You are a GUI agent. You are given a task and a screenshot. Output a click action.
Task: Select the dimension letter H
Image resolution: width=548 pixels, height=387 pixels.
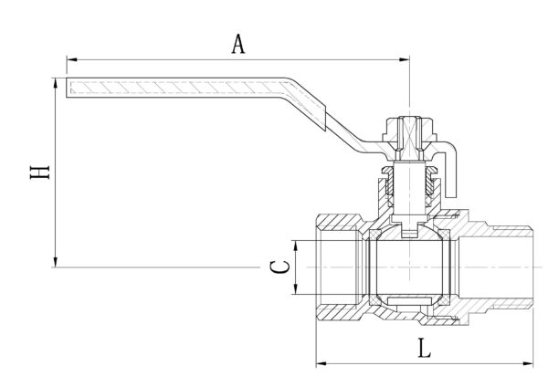(x=38, y=172)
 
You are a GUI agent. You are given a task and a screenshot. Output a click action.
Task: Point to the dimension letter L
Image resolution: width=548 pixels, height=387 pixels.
(x=423, y=347)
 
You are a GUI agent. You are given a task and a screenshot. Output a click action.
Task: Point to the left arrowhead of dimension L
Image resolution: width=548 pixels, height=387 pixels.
(x=321, y=363)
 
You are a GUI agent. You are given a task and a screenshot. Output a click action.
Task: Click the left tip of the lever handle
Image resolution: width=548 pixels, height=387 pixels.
(x=70, y=89)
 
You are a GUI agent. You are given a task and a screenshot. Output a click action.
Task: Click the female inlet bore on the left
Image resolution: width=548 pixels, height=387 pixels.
(x=338, y=267)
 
